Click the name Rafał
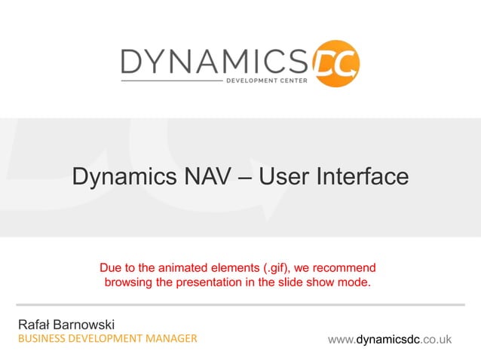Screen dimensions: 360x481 [x=34, y=324]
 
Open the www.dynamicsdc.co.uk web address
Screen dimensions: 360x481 [x=390, y=340]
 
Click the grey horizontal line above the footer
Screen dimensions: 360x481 [x=240, y=306]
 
